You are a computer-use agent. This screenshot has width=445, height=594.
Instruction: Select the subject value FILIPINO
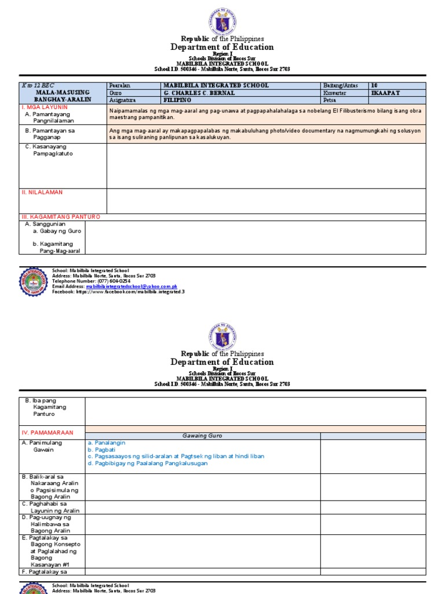click(180, 100)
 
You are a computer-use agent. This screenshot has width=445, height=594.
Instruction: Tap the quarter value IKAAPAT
click(385, 93)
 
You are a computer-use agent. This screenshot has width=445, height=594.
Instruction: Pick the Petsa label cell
click(331, 100)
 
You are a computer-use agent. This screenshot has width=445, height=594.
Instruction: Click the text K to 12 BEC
click(38, 85)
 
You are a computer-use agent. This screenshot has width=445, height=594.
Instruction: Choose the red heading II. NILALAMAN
click(42, 192)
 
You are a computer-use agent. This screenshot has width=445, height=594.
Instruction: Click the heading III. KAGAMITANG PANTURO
click(61, 216)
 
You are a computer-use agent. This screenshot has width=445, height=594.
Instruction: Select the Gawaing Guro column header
click(202, 436)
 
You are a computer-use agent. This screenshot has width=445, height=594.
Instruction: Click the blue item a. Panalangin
click(107, 443)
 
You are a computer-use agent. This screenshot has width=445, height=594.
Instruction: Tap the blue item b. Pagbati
click(101, 450)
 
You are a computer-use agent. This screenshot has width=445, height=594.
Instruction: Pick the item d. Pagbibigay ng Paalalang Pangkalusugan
click(148, 463)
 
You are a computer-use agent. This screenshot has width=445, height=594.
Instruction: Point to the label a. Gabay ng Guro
click(57, 231)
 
